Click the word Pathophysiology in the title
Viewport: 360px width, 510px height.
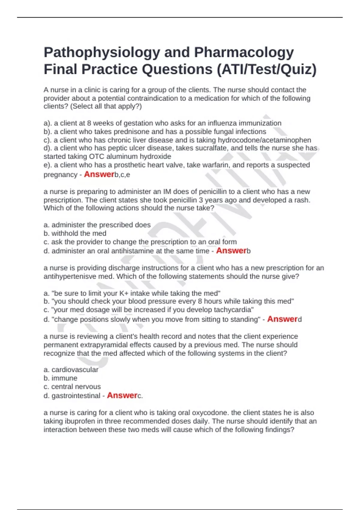(102, 53)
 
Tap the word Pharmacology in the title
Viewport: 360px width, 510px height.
(244, 53)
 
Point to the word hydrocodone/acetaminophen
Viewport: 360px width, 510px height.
(264, 140)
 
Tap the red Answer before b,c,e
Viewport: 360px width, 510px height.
(99, 174)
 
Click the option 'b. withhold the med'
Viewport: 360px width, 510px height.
(75, 233)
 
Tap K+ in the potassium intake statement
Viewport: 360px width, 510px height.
(124, 293)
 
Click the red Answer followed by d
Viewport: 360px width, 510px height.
(282, 319)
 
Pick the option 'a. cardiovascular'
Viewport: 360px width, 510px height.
(71, 370)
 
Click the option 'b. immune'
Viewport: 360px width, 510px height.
(60, 378)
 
